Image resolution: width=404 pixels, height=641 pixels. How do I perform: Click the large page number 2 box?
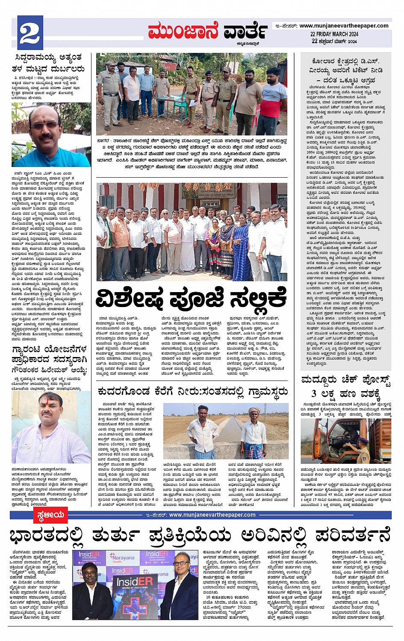click(29, 32)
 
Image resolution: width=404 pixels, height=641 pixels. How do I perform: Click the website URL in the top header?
click(344, 26)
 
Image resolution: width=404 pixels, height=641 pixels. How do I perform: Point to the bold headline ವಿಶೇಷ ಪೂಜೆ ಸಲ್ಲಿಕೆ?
click(191, 299)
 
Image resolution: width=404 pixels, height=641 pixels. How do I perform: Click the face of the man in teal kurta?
click(44, 127)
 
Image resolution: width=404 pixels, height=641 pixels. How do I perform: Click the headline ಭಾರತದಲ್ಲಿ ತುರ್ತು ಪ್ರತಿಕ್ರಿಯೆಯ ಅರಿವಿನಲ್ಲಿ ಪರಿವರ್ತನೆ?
click(200, 535)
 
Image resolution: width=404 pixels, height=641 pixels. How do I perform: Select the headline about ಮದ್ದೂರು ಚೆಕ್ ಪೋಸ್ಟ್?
click(346, 386)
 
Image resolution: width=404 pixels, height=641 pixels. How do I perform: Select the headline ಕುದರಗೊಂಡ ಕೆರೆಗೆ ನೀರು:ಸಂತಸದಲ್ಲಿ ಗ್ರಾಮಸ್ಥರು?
click(192, 391)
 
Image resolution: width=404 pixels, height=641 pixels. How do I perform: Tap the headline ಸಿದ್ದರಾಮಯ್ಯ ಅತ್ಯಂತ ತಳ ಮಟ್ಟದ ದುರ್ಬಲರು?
click(49, 63)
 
